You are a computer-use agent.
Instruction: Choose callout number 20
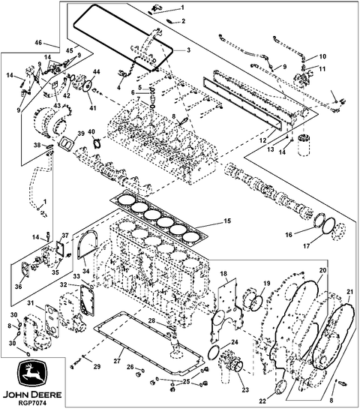click(322, 270)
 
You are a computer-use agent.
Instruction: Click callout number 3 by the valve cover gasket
click(188, 50)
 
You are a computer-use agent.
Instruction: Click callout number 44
click(96, 71)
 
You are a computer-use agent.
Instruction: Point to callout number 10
click(322, 56)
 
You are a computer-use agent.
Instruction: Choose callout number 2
click(181, 21)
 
